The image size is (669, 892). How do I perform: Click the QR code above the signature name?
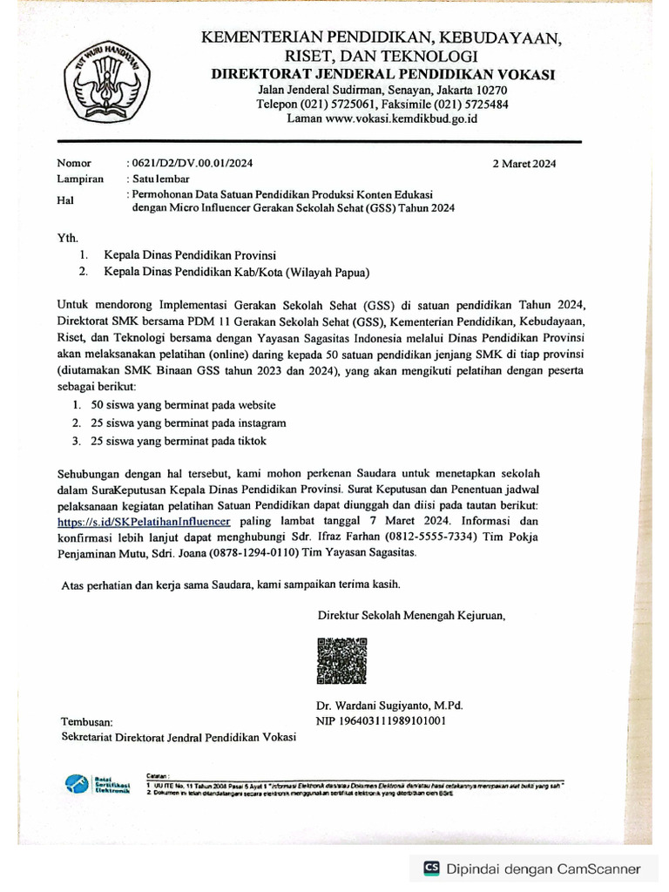[x=342, y=660]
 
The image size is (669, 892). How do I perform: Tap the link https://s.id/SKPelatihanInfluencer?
[x=144, y=521]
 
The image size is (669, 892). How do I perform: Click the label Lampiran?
[x=80, y=179]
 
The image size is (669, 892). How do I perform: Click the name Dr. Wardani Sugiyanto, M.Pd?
[x=389, y=705]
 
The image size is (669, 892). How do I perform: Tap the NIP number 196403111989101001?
[x=382, y=720]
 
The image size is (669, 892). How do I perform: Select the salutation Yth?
[x=67, y=237]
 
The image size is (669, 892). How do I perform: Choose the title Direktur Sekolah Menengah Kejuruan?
[x=411, y=615]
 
